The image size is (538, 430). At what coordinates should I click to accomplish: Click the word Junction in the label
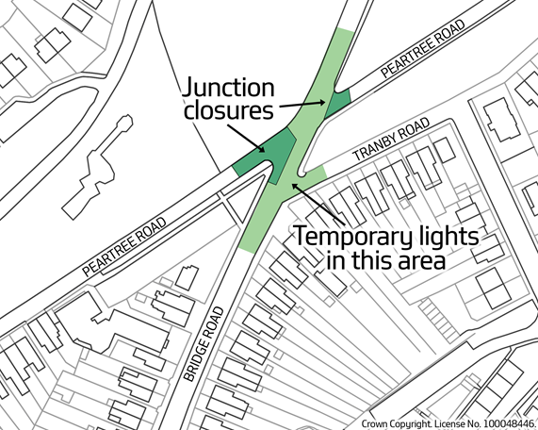pos(230,90)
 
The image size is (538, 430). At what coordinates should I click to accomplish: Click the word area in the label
pos(416,258)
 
